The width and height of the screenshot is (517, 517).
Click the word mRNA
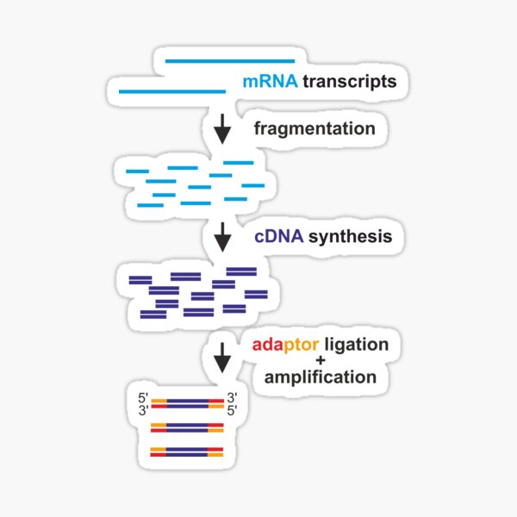270,83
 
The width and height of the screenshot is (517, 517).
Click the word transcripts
349,83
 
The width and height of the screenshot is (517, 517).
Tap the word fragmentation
315,129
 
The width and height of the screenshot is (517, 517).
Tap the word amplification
320,377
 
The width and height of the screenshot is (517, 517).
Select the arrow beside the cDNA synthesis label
222,237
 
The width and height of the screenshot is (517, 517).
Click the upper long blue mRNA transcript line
229,61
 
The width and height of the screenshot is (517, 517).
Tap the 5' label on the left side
143,397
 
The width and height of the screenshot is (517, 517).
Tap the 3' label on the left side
143,411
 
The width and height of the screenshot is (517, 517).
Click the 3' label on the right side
231,397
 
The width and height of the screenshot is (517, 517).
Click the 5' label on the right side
231,411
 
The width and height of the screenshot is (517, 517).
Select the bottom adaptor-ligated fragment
187,451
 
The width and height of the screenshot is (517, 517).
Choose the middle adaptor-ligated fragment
187,427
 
